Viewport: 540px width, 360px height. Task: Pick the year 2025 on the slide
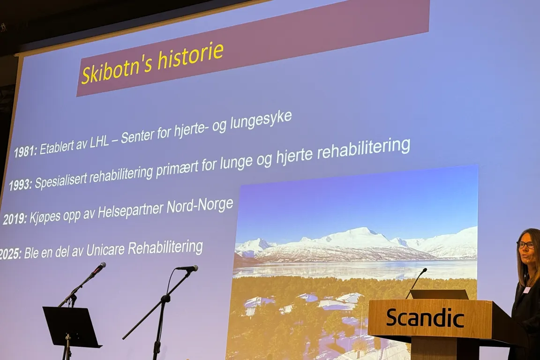coord(9,255)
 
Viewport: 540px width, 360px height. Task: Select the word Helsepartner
coord(126,212)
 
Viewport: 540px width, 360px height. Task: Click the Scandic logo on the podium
coord(425,318)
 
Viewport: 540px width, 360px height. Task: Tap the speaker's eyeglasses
coord(525,245)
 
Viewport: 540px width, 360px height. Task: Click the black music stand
coord(71,327)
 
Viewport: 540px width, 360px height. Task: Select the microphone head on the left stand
coord(99,267)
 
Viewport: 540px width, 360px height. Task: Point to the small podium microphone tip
coord(424,270)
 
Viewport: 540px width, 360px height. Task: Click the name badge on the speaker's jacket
coord(526,290)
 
